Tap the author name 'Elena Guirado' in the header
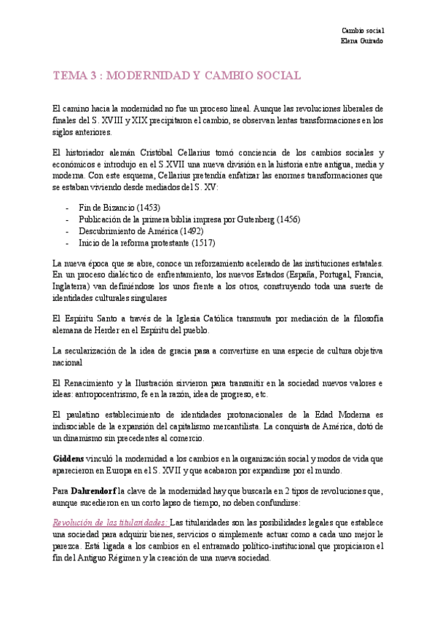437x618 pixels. pyautogui.click(x=362, y=40)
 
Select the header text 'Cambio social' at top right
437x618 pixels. pyautogui.click(x=363, y=30)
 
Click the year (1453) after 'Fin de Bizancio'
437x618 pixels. pyautogui.click(x=148, y=208)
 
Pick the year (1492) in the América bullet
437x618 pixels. pyautogui.click(x=195, y=231)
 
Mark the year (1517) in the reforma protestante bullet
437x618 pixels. pyautogui.click(x=201, y=243)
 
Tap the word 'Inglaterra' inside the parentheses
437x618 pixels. pyautogui.click(x=71, y=286)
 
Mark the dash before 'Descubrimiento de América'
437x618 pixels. pyautogui.click(x=68, y=231)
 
